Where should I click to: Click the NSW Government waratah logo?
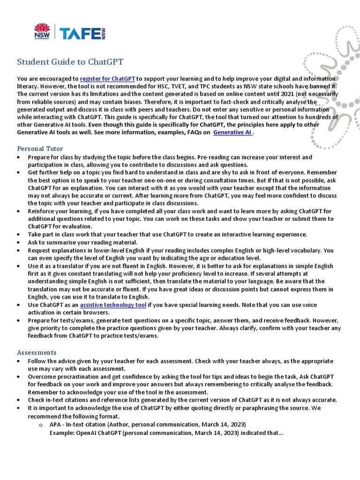click(42, 32)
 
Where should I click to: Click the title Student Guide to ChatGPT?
click(70, 62)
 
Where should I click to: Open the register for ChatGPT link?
click(107, 79)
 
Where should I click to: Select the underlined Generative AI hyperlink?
click(232, 133)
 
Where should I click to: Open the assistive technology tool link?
click(113, 305)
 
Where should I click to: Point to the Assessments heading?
click(37, 352)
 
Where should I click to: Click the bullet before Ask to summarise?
click(18, 243)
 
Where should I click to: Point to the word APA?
click(56, 425)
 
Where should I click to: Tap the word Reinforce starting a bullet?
click(42, 211)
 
